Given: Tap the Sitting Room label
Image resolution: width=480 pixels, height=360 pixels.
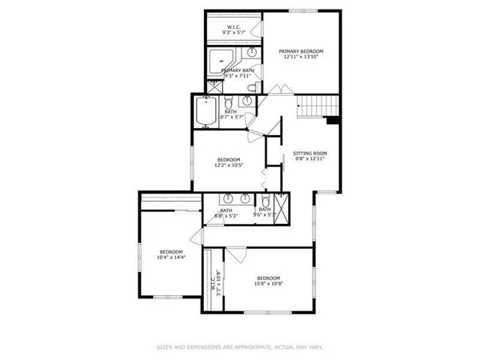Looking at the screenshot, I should point(310,152).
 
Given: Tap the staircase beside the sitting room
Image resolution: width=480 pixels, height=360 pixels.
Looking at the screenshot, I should point(317,105).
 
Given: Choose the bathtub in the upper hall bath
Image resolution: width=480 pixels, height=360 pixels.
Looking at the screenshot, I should point(206,112).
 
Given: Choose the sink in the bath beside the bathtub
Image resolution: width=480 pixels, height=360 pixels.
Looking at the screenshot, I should point(247,102).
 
